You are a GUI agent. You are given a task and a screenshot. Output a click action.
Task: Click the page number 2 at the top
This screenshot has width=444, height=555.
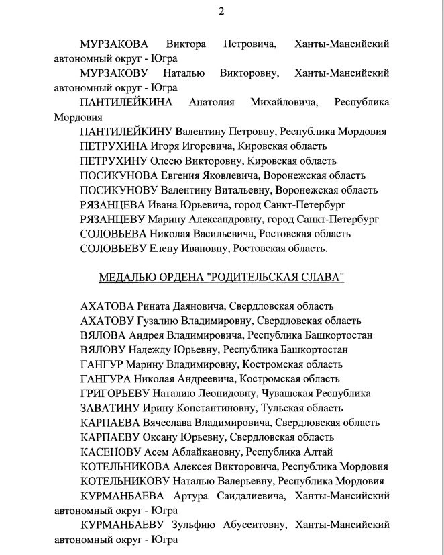tap(221, 11)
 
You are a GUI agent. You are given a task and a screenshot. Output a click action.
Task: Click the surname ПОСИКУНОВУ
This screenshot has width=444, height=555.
tap(120, 190)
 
